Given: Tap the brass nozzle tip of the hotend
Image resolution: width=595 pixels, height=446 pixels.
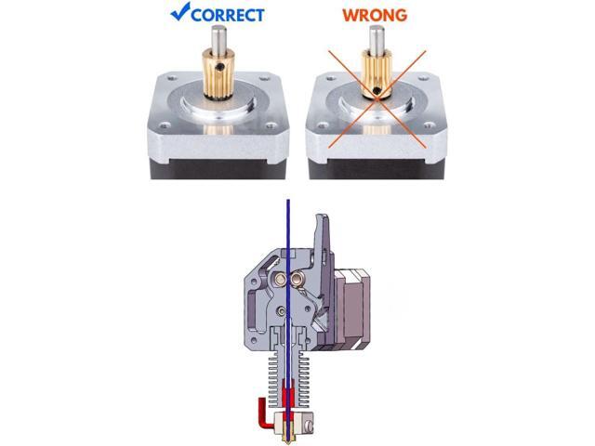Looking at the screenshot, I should pos(288,435).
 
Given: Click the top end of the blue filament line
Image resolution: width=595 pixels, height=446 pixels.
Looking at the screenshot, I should pos(288,203).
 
